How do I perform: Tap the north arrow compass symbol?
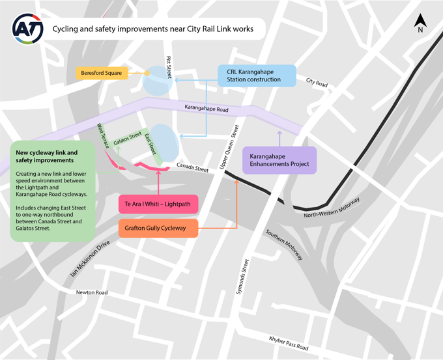click(420, 24)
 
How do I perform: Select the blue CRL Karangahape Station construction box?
click(257, 75)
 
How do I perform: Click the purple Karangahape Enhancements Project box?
click(279, 159)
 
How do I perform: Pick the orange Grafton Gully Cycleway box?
click(158, 228)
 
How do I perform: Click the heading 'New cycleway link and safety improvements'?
click(46, 156)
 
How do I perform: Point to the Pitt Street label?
click(169, 66)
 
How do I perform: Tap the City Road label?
click(317, 82)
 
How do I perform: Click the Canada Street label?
click(192, 169)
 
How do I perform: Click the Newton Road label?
click(92, 292)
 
